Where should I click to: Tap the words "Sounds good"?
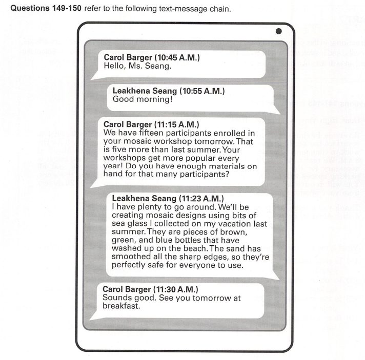(x=127, y=298)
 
